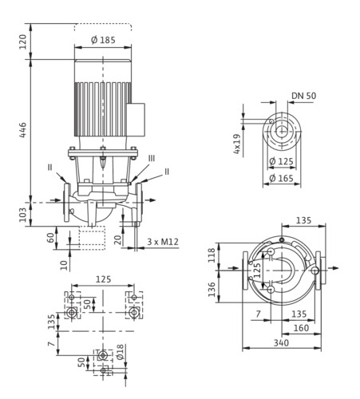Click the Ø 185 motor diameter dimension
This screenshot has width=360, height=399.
pos(103,40)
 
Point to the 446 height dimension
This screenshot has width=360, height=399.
pos(23,130)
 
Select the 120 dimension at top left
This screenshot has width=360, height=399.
pos(23,41)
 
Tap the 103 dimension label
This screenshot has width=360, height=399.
pos(23,215)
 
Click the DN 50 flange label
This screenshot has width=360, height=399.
pos(304,96)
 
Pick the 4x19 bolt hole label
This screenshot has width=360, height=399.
pos(236,144)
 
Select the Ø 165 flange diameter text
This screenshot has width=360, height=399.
pos(281,178)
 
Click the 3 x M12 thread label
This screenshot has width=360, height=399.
pos(163,242)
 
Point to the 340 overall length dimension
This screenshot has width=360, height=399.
pos(281,342)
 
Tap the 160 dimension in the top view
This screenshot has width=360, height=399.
pos(301,328)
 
